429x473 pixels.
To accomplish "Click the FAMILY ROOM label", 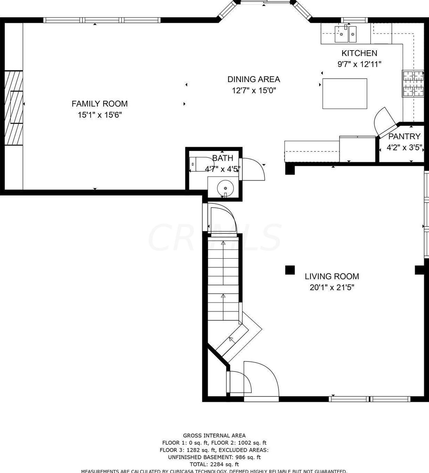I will [x=99, y=104].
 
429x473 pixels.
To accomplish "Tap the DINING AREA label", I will [x=254, y=79].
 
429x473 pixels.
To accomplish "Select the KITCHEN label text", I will [x=359, y=53].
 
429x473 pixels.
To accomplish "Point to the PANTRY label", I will [x=404, y=136].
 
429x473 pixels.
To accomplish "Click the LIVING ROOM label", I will [x=332, y=276].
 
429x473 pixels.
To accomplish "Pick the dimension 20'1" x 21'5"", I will [x=332, y=287].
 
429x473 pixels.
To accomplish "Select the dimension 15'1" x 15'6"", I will [x=99, y=115].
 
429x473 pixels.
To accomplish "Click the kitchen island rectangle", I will [x=344, y=93].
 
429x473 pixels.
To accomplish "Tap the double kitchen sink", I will [x=345, y=34].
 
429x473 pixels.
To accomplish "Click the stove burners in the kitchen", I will [x=413, y=83].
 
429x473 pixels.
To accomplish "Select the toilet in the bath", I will [x=199, y=164].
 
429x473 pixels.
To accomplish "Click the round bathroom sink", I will [x=225, y=188].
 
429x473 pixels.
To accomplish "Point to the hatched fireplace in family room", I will [x=14, y=108].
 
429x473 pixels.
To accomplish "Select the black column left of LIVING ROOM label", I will [x=290, y=270].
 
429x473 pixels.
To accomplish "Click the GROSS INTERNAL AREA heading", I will [x=214, y=436].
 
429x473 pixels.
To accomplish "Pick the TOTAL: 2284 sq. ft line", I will [x=214, y=464].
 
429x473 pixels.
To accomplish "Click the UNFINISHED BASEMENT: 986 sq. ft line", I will [x=214, y=457].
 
